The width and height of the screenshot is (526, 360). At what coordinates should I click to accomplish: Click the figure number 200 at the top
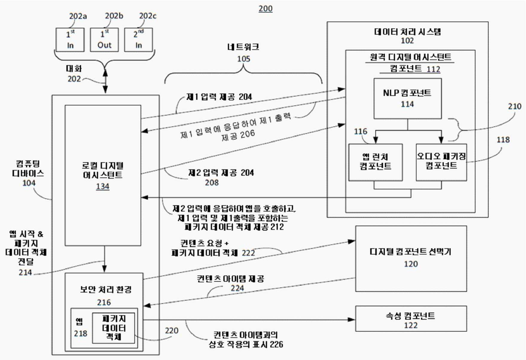265,8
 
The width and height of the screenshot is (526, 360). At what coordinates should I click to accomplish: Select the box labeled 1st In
70,40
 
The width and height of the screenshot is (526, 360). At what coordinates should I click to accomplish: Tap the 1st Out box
104,40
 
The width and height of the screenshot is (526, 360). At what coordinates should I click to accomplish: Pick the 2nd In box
138,40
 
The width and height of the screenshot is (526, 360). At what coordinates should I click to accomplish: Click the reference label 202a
78,16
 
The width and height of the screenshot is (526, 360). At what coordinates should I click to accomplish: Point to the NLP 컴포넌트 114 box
407,99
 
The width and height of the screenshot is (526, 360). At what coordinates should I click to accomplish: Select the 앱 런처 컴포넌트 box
375,162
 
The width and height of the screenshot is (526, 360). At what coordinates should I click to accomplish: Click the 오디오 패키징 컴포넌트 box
441,162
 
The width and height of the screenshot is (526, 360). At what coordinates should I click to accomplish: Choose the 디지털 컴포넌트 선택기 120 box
411,258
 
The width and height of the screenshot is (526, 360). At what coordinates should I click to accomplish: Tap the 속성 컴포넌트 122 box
411,318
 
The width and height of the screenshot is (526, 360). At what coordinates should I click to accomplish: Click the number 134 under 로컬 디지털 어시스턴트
103,186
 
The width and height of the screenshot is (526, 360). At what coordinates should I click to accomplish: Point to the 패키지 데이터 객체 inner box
114,328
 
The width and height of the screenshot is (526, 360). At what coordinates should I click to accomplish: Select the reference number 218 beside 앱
80,333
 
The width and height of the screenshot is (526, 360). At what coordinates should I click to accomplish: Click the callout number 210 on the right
514,106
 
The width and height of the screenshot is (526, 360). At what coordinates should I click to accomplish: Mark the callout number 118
503,140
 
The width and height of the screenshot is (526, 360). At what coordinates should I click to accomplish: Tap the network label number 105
243,59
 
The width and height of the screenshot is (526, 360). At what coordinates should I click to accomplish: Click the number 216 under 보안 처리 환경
104,302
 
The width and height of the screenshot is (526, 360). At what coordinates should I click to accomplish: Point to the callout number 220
171,331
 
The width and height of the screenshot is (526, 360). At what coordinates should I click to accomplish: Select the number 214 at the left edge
25,272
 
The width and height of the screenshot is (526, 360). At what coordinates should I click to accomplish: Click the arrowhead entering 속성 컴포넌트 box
352,319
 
